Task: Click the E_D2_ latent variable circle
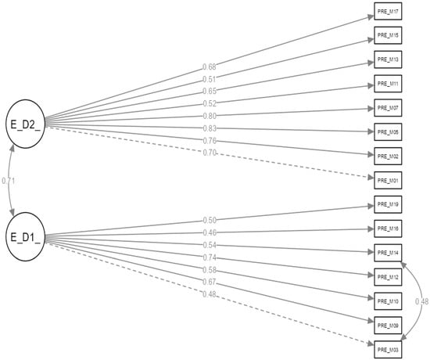(26, 123)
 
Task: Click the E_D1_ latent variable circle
(26, 236)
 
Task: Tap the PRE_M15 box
(389, 36)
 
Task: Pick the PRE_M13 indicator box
(389, 60)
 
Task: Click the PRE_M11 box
(389, 84)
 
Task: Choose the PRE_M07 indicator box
(389, 108)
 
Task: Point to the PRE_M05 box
(389, 131)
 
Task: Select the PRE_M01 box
(389, 181)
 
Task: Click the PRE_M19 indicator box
(389, 204)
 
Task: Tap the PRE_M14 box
(389, 253)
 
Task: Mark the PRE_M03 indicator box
(389, 349)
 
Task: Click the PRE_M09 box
(389, 325)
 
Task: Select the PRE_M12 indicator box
(389, 277)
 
